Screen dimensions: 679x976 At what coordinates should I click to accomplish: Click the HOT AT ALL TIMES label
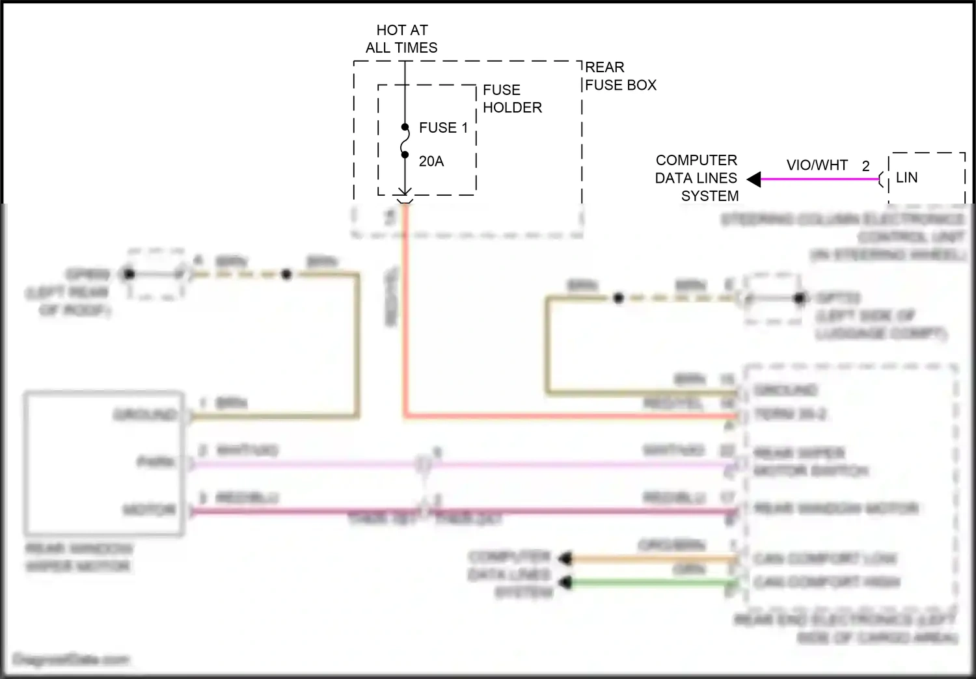[401, 39]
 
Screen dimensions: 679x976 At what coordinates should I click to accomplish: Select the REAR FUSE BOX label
[620, 76]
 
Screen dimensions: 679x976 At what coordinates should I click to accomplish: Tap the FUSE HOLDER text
[511, 99]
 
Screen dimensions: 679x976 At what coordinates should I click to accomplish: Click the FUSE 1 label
[443, 127]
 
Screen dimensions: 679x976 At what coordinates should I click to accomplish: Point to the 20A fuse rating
[431, 161]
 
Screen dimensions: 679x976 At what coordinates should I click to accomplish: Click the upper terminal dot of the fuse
[405, 127]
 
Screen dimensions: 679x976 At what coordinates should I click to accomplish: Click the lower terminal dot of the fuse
[405, 155]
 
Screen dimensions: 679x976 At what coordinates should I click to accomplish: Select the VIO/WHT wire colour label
[817, 165]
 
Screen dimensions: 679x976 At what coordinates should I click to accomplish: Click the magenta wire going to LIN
[820, 179]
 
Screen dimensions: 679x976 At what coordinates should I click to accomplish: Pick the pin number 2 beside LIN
[865, 166]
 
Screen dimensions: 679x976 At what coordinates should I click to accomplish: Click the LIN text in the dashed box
[906, 178]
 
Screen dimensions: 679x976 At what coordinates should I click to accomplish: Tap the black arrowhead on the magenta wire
[753, 179]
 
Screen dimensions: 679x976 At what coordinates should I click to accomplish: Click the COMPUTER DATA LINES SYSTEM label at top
[696, 178]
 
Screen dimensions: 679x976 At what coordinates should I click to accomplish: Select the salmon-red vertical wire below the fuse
[405, 312]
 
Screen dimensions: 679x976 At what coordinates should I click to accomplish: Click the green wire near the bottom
[651, 583]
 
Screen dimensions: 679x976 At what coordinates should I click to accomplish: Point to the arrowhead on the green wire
[566, 583]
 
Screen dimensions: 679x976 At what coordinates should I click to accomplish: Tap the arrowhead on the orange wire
[566, 558]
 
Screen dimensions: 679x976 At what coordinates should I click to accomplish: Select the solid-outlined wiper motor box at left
[104, 463]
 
